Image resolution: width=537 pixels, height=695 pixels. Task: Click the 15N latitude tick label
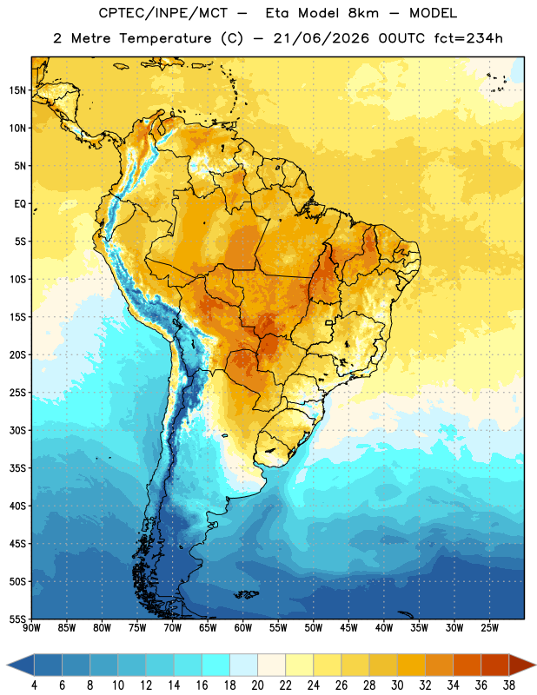click(17, 90)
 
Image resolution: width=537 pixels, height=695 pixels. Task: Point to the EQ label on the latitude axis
click(20, 204)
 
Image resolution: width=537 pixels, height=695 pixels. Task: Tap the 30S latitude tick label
click(17, 430)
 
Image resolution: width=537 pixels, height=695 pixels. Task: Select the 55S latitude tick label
click(17, 619)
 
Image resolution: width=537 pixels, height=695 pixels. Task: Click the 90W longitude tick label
click(31, 628)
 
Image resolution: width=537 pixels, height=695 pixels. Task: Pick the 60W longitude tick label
click(243, 628)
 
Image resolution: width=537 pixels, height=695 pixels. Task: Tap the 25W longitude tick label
click(489, 628)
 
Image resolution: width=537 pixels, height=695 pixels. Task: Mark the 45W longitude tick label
click(348, 628)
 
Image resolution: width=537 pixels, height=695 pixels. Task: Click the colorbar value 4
click(34, 685)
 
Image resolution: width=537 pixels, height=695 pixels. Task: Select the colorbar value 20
click(257, 685)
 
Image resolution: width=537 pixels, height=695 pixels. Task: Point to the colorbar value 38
click(509, 685)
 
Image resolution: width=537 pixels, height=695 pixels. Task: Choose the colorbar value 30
click(397, 685)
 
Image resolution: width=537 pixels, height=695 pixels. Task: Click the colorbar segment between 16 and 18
click(215, 665)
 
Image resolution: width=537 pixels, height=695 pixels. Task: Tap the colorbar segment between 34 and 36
click(467, 665)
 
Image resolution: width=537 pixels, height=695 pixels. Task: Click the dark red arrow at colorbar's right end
click(522, 665)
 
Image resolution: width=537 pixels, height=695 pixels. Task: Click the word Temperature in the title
click(165, 38)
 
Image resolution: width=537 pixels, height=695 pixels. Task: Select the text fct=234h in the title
click(468, 38)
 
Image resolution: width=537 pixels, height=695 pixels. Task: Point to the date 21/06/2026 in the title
click(321, 38)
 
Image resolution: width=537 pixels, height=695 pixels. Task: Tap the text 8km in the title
click(363, 13)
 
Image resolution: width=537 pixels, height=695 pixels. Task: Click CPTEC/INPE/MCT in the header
click(162, 13)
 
